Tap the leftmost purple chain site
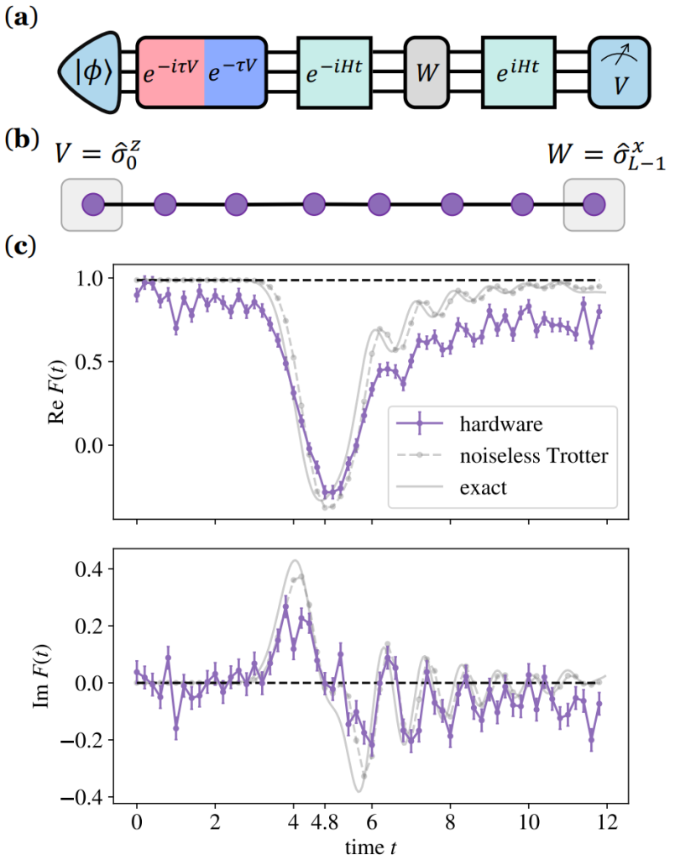coord(92,204)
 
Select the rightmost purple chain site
coord(594,204)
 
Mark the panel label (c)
coord(21,245)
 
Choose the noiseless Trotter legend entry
coord(534,455)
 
